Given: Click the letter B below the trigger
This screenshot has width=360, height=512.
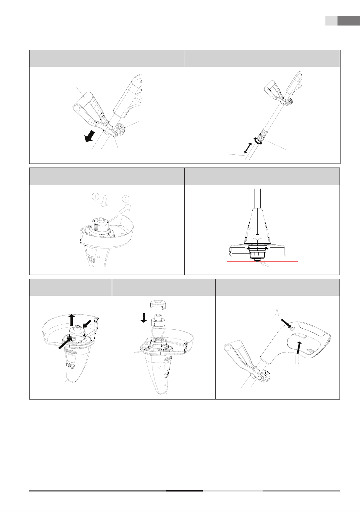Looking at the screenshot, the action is pyautogui.click(x=297, y=360).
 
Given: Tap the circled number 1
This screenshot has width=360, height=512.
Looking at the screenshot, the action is pyautogui.click(x=96, y=196).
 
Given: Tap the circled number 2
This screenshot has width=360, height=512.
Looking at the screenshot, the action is pyautogui.click(x=126, y=198).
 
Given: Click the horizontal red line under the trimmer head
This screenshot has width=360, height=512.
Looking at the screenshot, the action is pyautogui.click(x=263, y=261).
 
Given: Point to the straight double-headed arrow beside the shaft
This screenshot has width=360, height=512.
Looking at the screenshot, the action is pyautogui.click(x=248, y=148).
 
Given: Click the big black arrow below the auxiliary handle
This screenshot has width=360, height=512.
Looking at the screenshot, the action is pyautogui.click(x=90, y=136).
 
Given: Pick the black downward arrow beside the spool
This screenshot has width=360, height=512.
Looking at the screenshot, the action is pyautogui.click(x=143, y=318).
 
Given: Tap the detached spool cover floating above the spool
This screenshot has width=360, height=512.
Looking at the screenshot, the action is pyautogui.click(x=158, y=305).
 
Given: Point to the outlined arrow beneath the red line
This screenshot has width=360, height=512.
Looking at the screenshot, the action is pyautogui.click(x=266, y=264).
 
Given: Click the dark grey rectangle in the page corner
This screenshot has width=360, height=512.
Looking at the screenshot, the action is pyautogui.click(x=348, y=20).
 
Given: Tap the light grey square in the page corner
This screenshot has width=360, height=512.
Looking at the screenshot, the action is pyautogui.click(x=331, y=20).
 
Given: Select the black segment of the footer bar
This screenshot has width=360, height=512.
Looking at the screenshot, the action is pyautogui.click(x=184, y=491).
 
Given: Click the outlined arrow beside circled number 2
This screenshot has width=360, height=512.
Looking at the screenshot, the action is pyautogui.click(x=125, y=208).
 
